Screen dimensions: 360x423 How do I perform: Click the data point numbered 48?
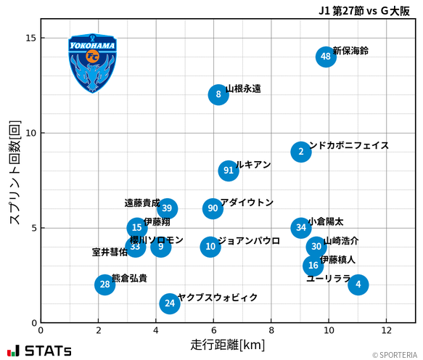pyautogui.click(x=326, y=57)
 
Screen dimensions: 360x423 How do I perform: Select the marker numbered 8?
pyautogui.click(x=218, y=94)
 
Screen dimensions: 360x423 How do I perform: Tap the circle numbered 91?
pyautogui.click(x=229, y=171)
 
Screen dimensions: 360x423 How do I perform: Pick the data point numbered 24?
pyautogui.click(x=170, y=303)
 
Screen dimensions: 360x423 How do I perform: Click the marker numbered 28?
pyautogui.click(x=105, y=285)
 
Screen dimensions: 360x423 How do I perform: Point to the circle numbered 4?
pyautogui.click(x=358, y=285)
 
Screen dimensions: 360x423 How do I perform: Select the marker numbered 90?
pyautogui.click(x=213, y=208)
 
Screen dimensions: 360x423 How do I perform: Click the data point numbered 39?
pyautogui.click(x=167, y=208)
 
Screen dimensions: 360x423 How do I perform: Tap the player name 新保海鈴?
pyautogui.click(x=350, y=51)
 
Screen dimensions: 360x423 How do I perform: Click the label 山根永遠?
pyautogui.click(x=243, y=89)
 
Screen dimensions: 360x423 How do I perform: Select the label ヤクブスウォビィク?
pyautogui.click(x=218, y=298)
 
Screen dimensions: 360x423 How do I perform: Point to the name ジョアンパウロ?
pyautogui.click(x=249, y=241)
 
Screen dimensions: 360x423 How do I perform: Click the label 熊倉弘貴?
pyautogui.click(x=129, y=278)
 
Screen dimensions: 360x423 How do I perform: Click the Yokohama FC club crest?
pyautogui.click(x=92, y=63)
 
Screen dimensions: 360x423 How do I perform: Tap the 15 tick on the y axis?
pyautogui.click(x=31, y=38)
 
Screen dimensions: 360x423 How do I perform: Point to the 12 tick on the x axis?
pyautogui.click(x=386, y=330)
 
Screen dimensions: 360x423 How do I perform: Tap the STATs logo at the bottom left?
pyautogui.click(x=39, y=351)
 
